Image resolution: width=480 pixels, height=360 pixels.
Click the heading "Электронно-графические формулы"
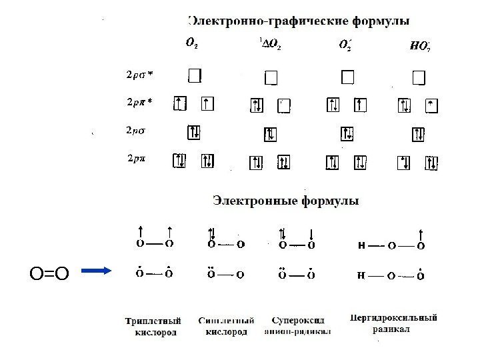coord(298,21)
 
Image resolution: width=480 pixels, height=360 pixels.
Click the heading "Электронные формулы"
coord(285,199)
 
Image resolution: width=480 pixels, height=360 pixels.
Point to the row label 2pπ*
coord(140,103)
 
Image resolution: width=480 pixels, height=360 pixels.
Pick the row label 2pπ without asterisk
coord(138,159)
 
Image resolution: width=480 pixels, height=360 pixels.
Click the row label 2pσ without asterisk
coord(139,131)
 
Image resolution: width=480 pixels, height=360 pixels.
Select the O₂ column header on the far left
coord(191,45)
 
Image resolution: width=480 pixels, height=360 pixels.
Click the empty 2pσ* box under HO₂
coord(419,79)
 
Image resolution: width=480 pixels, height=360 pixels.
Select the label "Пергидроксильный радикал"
coord(393,323)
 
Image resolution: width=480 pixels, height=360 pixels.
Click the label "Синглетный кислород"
coord(225,325)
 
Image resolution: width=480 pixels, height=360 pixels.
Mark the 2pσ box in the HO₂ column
coord(418,134)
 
